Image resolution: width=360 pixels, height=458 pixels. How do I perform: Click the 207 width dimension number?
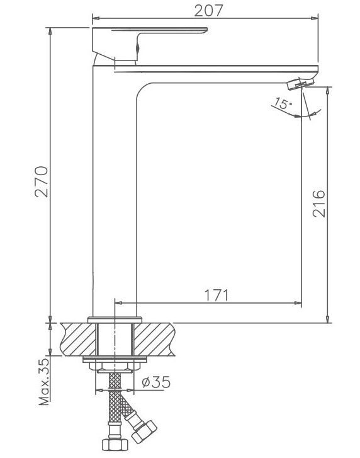208,11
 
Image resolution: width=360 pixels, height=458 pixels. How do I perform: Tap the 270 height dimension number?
42,181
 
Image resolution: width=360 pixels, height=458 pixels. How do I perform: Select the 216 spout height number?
318,203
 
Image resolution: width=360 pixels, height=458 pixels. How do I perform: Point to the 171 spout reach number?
216,295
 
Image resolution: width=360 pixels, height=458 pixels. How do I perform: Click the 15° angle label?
282,104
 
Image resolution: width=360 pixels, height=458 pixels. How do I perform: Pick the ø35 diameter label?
156,382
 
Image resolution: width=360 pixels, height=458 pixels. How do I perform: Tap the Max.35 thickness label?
44,382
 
